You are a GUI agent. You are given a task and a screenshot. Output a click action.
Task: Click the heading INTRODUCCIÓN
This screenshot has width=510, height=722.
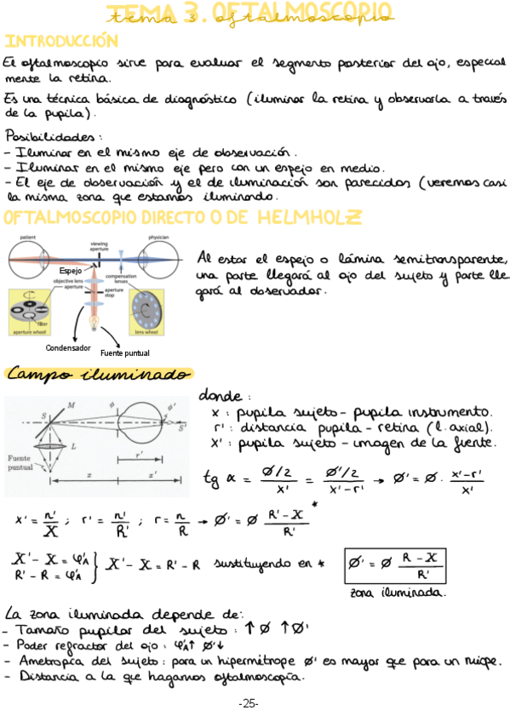tap(60, 41)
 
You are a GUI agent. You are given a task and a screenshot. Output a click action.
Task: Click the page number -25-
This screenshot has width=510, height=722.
tap(249, 703)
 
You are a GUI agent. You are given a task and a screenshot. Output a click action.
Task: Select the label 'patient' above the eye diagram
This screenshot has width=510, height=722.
tap(28, 238)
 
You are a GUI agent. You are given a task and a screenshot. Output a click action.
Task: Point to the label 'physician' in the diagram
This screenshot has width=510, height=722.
tap(158, 238)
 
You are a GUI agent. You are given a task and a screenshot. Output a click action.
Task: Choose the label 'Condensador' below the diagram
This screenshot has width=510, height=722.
tap(67, 347)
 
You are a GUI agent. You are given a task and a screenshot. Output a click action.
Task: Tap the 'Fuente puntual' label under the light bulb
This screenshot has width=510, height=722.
tap(124, 352)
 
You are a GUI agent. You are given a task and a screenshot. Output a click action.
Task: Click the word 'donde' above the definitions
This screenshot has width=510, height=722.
tap(220, 396)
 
